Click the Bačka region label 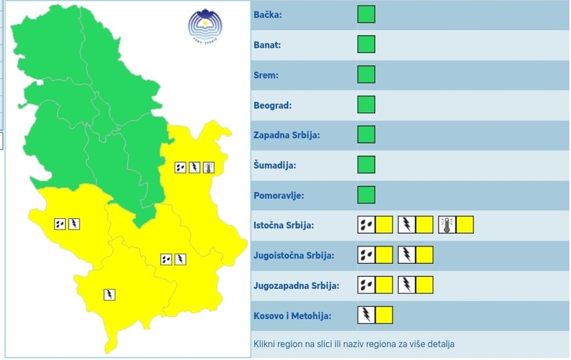[267, 15]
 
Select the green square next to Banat [366, 45]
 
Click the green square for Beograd [366, 105]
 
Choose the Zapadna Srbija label [286, 135]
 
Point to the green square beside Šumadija [366, 165]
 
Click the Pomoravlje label [279, 195]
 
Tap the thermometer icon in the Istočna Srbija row [447, 225]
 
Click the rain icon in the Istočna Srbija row [366, 225]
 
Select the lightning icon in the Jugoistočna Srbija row [406, 255]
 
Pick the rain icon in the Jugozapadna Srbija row [366, 285]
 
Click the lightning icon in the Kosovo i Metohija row [366, 315]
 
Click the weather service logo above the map [202, 26]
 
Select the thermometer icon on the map [208, 167]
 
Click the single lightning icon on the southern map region [109, 294]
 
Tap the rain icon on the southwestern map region [60, 224]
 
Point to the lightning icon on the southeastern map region [180, 259]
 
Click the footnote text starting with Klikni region [354, 344]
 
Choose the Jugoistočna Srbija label [294, 256]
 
